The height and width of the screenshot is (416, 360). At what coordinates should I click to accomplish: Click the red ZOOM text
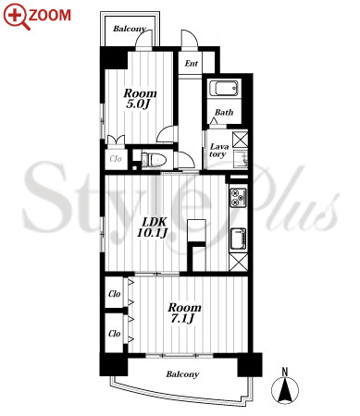point(50,16)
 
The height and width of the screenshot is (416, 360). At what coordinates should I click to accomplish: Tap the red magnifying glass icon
point(17,16)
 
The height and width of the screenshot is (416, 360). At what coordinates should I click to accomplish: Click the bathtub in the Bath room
point(224,88)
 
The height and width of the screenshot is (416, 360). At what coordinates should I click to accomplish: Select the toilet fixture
point(154,160)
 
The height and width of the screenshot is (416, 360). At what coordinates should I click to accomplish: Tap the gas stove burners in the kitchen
point(239,197)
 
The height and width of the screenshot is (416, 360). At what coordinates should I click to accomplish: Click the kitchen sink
point(239,239)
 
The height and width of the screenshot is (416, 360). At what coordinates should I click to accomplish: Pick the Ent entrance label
point(192,64)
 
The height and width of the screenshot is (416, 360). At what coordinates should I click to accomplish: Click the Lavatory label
point(219,151)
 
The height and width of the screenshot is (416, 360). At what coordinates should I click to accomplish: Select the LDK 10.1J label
point(153,227)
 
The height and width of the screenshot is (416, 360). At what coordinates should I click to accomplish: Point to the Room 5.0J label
point(140,99)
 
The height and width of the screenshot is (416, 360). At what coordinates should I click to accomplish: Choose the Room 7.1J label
point(184,312)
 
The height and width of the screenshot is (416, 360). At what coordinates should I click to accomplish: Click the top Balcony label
point(130,29)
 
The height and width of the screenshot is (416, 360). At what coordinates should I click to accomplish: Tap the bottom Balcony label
point(182,374)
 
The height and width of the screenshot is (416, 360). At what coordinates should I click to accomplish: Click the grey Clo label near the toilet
point(116,159)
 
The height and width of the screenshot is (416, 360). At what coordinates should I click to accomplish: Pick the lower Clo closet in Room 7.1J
point(115,333)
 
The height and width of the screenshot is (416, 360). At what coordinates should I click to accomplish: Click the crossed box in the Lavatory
point(240,140)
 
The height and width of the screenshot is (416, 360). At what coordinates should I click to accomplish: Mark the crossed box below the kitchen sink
point(239,263)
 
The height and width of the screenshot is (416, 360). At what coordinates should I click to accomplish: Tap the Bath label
point(224,112)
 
